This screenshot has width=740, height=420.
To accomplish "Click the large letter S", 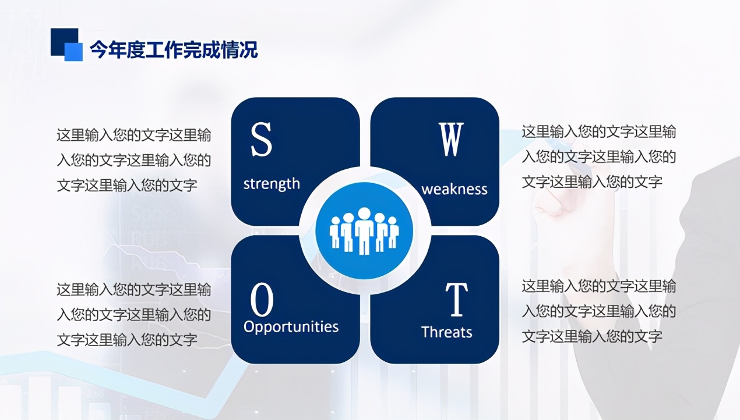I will [261, 140].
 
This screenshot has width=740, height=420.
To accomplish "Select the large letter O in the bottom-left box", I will [262, 300].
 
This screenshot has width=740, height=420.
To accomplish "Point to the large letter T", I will [457, 299].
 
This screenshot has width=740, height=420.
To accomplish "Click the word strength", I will [272, 184].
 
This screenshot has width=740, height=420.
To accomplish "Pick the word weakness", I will [454, 190].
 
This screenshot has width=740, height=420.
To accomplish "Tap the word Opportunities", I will [291, 327].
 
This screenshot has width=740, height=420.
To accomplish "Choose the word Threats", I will [446, 332].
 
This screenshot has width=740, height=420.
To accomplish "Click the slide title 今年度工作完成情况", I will [174, 50].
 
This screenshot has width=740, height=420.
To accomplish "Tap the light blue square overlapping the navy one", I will [74, 52].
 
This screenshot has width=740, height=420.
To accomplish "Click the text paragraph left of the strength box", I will [133, 161].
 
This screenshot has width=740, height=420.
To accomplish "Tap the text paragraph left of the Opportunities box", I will [133, 315].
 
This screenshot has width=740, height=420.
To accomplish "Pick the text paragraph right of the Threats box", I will [598, 311].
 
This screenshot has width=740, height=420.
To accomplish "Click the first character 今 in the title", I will [98, 50].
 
